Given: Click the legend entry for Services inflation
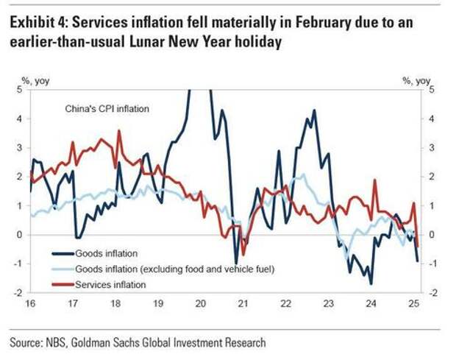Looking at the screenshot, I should point(110,285).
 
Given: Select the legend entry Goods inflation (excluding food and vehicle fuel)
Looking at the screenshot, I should point(175,269).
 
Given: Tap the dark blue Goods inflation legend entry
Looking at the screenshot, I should point(106,253).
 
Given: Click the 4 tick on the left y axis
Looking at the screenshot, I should point(20,119).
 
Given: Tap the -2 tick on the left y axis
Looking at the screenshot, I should point(18,293).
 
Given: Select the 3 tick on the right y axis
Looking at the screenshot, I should point(432,148).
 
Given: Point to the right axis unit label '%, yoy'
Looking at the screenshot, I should point(416,80).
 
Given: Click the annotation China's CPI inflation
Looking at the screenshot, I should point(105,110).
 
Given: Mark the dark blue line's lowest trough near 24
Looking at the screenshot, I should point(371,283).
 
